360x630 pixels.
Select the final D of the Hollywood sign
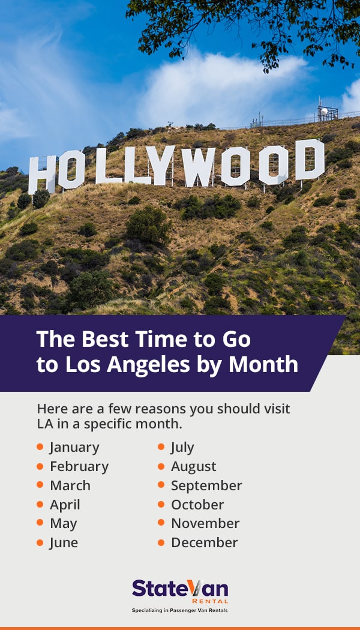[310, 160]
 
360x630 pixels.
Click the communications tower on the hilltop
[327, 112]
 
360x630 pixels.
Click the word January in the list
[74, 447]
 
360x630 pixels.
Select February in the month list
[79, 466]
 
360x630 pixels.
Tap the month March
[70, 485]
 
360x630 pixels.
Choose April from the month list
[65, 505]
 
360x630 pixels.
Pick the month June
[64, 542]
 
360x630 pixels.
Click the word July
[182, 447]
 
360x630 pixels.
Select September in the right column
[206, 485]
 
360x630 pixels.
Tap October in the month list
[197, 505]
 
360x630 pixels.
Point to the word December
[205, 542]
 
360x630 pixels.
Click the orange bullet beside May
[40, 523]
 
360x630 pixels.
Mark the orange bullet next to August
[161, 466]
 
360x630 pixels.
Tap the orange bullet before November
[161, 523]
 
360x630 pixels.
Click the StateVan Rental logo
[180, 590]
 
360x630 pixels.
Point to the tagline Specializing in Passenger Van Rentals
[180, 611]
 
